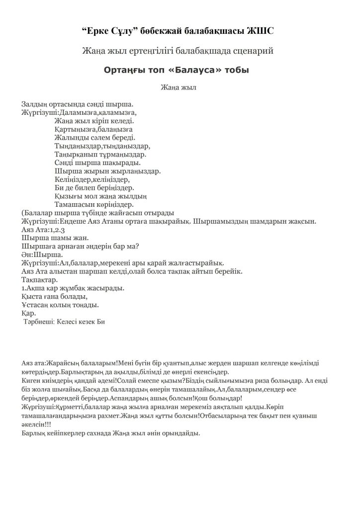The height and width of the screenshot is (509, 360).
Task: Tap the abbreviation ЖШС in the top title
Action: pos(261,31)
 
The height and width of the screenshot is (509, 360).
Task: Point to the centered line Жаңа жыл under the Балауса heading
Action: pos(180,88)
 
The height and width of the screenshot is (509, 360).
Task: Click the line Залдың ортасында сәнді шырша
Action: pos(77,104)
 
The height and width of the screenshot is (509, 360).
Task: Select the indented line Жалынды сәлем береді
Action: pos(94,137)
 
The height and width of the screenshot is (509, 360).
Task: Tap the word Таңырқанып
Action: pos(76,154)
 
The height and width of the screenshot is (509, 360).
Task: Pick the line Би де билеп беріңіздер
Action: pos(94,188)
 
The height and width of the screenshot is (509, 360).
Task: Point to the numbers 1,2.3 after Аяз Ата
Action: pos(57,230)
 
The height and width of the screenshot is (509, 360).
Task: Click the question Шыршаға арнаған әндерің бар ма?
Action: pos(80,247)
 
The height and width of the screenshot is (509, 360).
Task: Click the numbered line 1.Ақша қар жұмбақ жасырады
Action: pos(73,288)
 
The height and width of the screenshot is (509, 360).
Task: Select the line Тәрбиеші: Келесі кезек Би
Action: pos(64,322)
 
